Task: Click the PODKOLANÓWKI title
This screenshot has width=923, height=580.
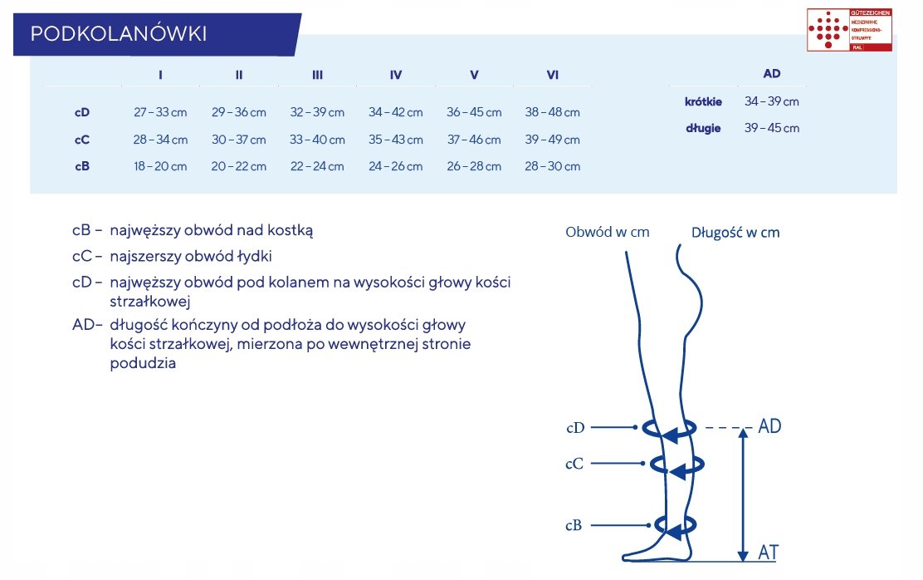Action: (x=118, y=34)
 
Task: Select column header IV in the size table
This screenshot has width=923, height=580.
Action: (x=396, y=75)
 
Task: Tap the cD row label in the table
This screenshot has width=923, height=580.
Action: (x=82, y=112)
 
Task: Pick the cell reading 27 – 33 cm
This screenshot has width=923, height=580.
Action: (x=160, y=112)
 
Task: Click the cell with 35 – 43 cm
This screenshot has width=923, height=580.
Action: (x=396, y=140)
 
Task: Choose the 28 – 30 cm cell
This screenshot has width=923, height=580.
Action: (x=553, y=166)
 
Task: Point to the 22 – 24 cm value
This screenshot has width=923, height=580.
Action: (x=317, y=166)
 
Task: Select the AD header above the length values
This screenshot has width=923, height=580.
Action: (x=772, y=74)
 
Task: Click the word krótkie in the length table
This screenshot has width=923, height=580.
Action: (x=703, y=101)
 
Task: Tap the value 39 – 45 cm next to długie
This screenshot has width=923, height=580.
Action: (x=772, y=128)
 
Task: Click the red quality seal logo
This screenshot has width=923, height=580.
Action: (x=849, y=30)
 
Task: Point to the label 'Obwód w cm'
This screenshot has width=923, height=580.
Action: (x=608, y=233)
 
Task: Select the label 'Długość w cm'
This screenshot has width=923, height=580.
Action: (x=735, y=233)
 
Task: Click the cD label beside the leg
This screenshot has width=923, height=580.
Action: (x=575, y=428)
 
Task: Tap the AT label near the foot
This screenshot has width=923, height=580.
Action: (x=769, y=552)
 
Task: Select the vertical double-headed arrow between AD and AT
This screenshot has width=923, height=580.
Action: (x=744, y=495)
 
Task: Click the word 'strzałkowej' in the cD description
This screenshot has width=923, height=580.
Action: (x=150, y=302)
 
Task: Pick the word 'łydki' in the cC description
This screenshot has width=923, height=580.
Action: (x=253, y=256)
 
